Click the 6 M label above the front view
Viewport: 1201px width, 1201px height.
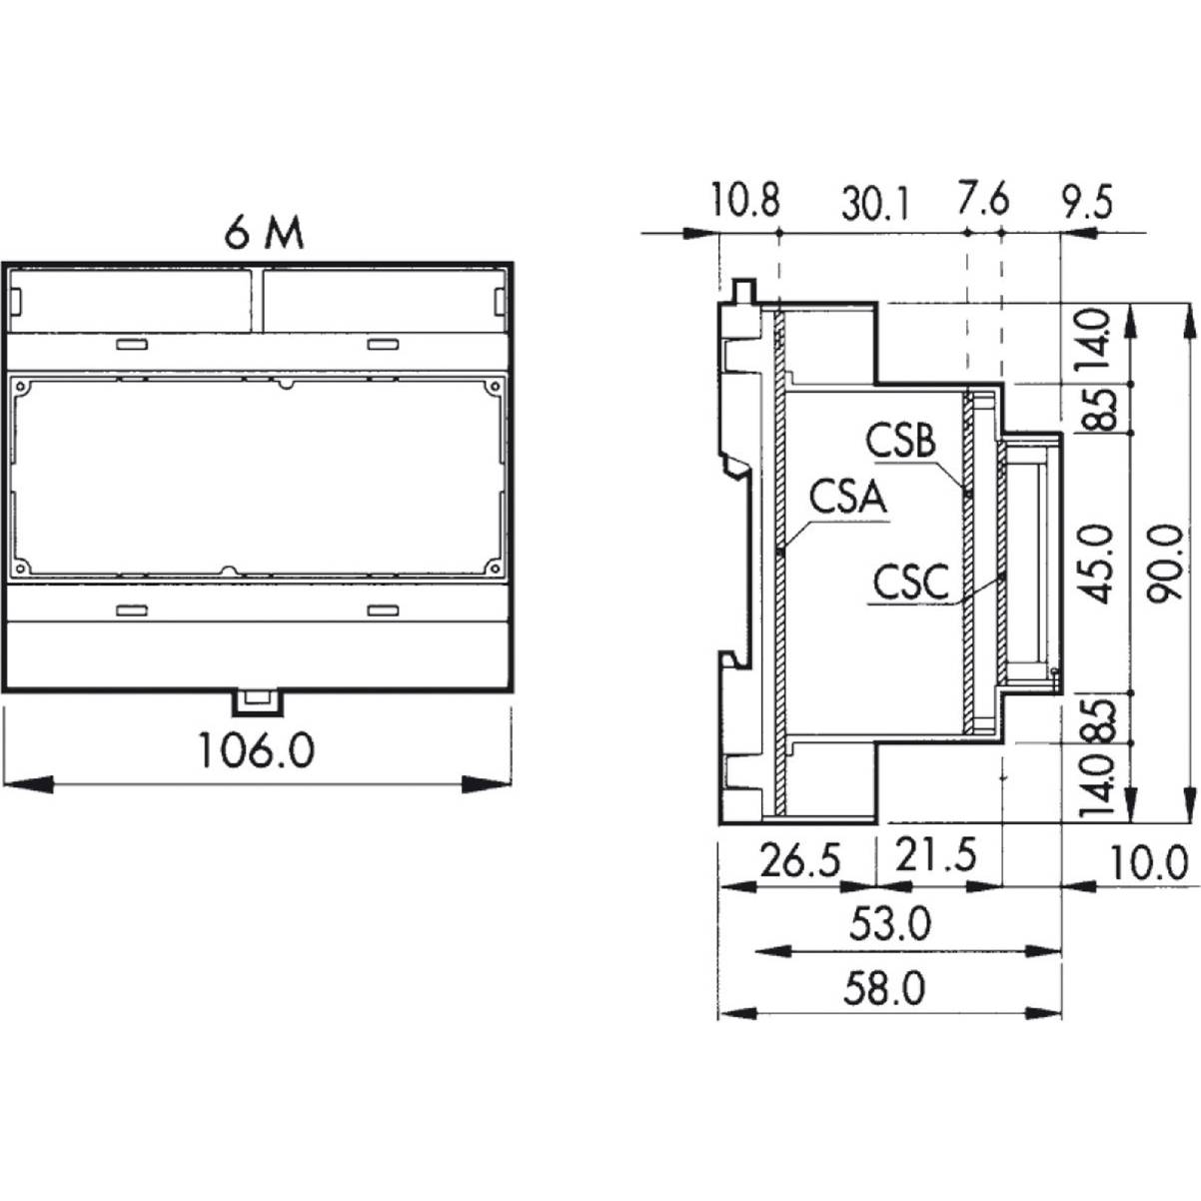point(264,234)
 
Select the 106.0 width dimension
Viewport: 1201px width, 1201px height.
point(256,749)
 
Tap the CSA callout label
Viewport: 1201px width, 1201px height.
point(847,498)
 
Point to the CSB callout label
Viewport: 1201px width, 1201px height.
point(900,440)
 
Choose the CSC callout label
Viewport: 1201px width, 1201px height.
point(910,582)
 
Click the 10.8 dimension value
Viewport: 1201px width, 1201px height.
point(745,201)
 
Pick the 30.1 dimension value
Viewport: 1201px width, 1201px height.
point(875,205)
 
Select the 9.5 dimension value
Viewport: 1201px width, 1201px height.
point(1087,202)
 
